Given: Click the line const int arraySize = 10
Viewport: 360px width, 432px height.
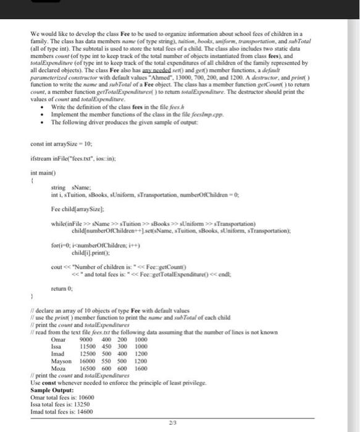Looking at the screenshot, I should coord(60,144).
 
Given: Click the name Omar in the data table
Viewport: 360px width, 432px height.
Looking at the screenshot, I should coord(58,339).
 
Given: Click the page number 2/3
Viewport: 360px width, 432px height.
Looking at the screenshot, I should coord(180,423).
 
